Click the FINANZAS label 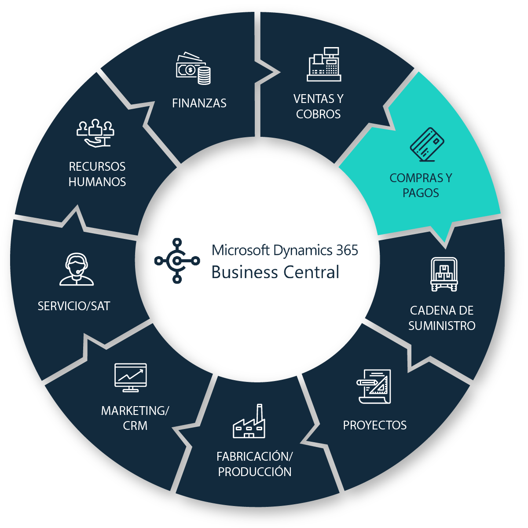click(x=199, y=103)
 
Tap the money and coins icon click(x=193, y=69)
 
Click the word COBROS click(x=318, y=114)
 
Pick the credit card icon click(x=427, y=144)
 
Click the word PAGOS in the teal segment click(x=421, y=193)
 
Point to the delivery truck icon click(x=444, y=275)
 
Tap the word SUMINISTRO click(x=442, y=326)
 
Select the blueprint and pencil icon click(x=374, y=386)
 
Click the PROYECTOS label click(x=374, y=425)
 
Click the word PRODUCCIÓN click(x=255, y=472)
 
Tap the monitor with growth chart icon click(x=130, y=377)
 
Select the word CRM click(x=135, y=425)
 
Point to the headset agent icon click(x=77, y=269)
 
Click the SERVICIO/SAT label click(x=74, y=306)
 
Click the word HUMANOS click(x=97, y=182)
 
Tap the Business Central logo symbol click(x=177, y=260)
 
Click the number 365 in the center click(x=347, y=250)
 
